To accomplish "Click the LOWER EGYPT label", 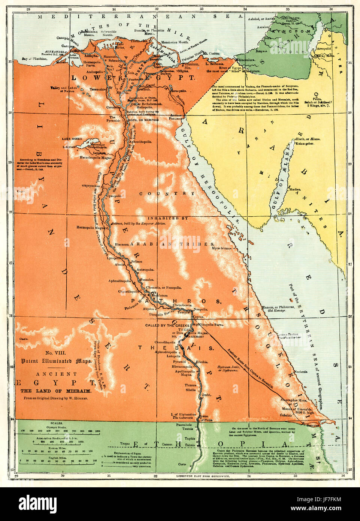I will click(x=133, y=78).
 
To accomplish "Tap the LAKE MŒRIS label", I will click(x=72, y=139).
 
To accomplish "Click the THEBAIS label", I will click(x=176, y=348).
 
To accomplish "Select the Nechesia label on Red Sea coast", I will click(x=300, y=372).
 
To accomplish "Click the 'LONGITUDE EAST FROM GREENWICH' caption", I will click(x=203, y=476).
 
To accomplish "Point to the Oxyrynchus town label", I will click(x=90, y=185).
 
